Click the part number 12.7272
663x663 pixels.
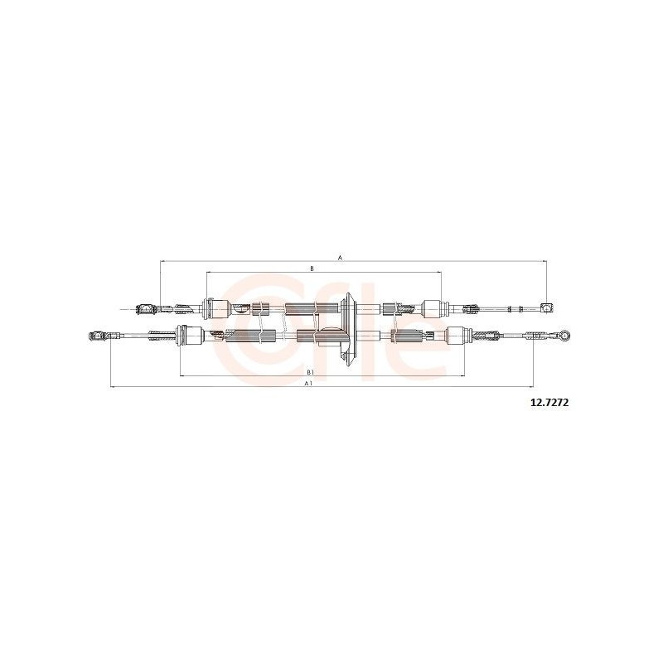click(x=549, y=403)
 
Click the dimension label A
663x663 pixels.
click(x=340, y=257)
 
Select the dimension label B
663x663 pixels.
click(x=312, y=269)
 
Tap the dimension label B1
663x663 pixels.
click(x=310, y=372)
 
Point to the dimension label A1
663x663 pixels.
click(x=308, y=383)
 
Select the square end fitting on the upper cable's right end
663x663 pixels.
click(x=547, y=307)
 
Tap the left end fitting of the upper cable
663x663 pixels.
click(x=145, y=309)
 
